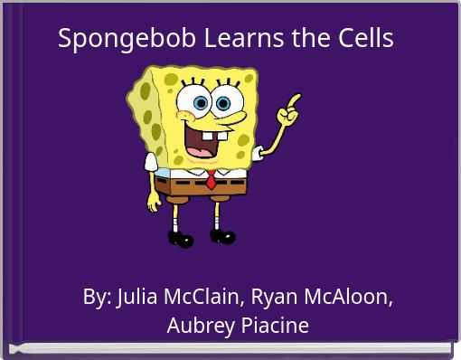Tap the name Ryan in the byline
point(275,297)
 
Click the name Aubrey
point(196,326)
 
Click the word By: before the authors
point(97,297)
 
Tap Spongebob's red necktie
point(210,178)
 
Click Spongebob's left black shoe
point(180,239)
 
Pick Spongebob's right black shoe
point(222,236)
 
